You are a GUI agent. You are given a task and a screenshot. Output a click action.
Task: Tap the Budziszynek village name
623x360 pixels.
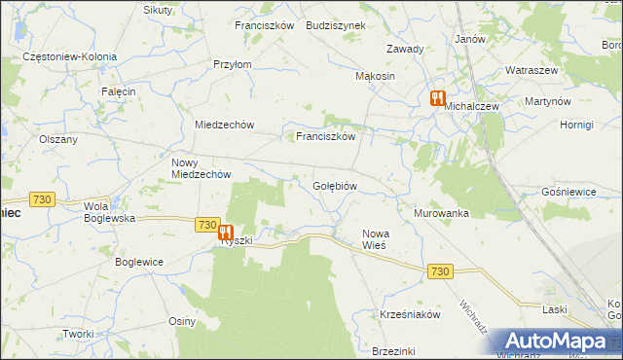point(335,25)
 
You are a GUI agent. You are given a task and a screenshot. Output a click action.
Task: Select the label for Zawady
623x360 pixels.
point(404,49)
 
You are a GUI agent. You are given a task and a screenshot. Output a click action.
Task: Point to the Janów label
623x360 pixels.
point(470,39)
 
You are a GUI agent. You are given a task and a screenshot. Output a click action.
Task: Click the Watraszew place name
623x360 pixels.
point(531,71)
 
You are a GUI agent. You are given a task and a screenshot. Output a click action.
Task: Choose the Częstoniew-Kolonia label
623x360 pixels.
point(70,56)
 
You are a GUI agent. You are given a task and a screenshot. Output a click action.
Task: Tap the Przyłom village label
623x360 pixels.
point(233,64)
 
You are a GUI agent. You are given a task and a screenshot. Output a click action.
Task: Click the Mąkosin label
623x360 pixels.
point(375,76)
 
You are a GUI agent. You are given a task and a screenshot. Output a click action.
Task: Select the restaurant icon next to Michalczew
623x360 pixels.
point(436,98)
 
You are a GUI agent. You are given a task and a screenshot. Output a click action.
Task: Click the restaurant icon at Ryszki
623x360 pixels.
point(225,233)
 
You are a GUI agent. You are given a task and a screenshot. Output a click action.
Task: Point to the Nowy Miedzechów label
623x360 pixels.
point(200,168)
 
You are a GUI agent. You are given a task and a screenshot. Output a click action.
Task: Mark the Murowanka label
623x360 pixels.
point(442,213)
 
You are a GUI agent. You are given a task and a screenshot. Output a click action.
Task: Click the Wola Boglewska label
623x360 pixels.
point(109,212)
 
